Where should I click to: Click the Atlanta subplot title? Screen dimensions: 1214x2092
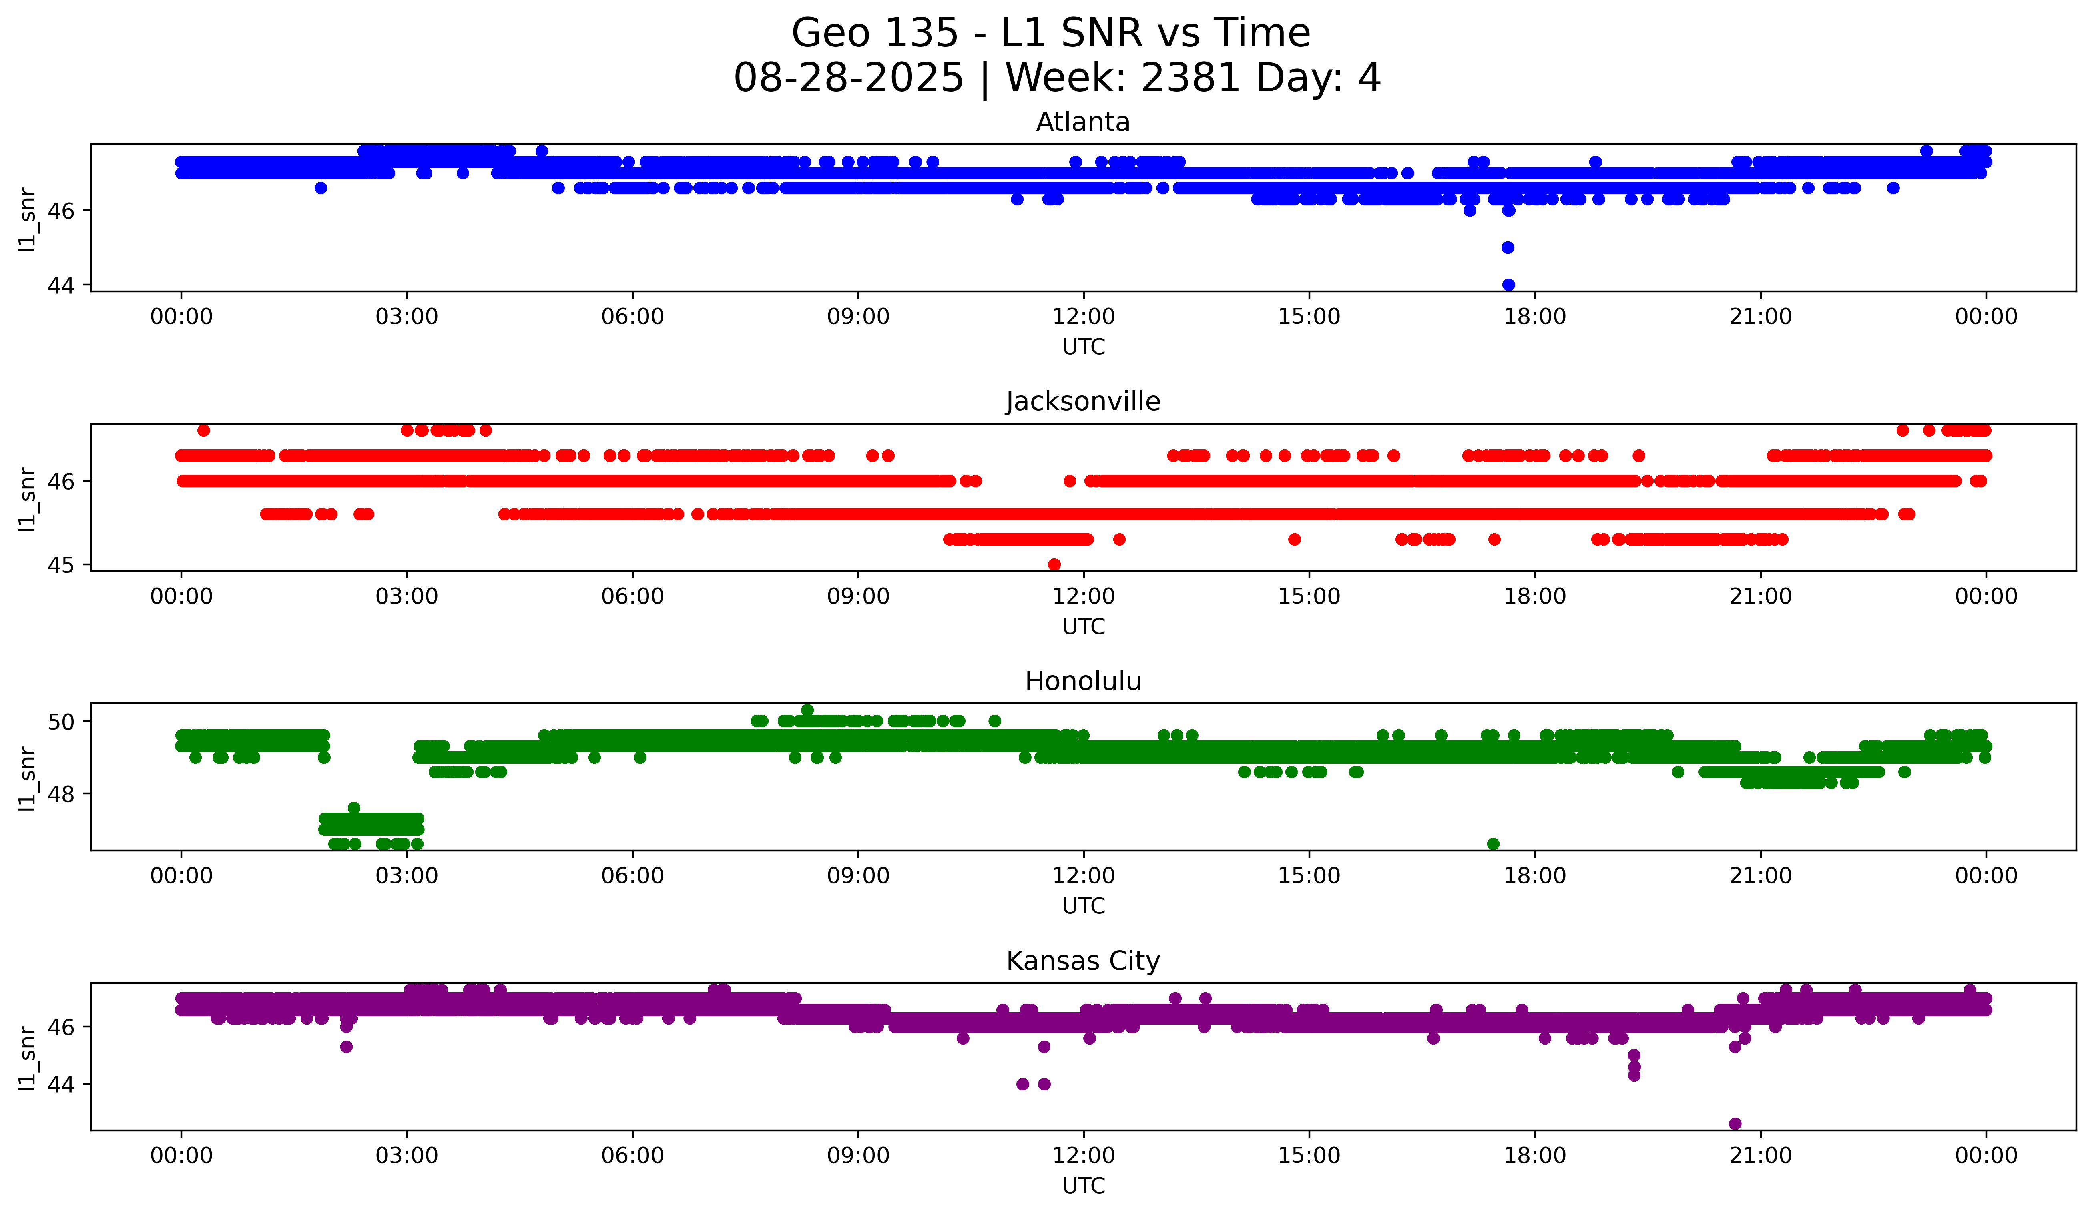click(x=1082, y=122)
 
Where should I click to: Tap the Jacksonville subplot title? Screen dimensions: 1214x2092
click(x=1082, y=401)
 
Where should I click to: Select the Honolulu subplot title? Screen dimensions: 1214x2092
click(x=1082, y=681)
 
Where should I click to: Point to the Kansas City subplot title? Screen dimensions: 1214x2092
click(x=1082, y=961)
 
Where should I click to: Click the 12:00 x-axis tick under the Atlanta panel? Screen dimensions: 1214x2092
click(x=1083, y=316)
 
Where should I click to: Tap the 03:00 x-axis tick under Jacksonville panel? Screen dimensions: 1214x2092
click(x=407, y=596)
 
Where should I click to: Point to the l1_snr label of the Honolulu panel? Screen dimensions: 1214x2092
click(x=27, y=778)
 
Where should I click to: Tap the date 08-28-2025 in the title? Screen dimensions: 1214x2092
click(x=848, y=78)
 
